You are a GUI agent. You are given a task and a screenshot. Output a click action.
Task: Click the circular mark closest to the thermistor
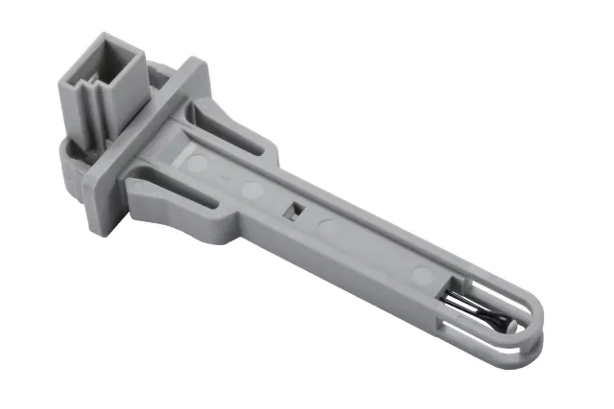(x=419, y=278)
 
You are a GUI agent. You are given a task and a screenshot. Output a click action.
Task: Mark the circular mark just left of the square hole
(x=252, y=190)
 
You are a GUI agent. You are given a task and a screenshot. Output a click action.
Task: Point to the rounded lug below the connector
(x=68, y=164)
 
